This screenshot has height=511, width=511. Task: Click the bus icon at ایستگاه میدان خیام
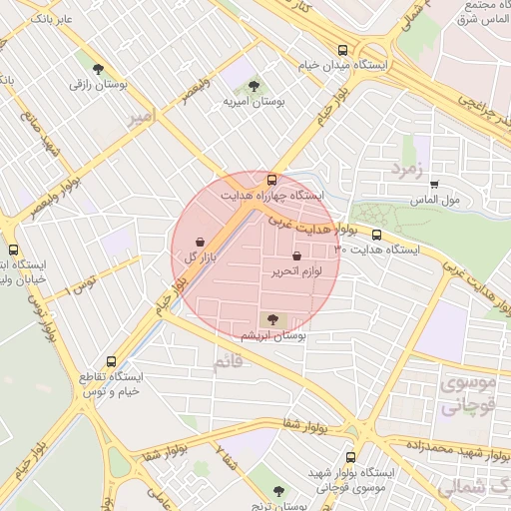tap(342, 49)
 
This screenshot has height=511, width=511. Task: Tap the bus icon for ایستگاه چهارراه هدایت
tap(272, 180)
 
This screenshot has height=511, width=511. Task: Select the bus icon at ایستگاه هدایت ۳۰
tap(375, 235)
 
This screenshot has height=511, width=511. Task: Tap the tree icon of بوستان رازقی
tap(98, 69)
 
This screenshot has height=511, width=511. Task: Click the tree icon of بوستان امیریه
tap(254, 86)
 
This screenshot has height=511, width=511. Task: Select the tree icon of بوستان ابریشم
tap(272, 319)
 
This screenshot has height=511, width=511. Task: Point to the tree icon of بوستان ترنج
tap(278, 491)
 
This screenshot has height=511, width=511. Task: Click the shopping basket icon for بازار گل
tap(202, 242)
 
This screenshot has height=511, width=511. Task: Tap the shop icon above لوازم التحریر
tap(296, 256)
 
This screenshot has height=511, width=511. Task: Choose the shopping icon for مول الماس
tap(434, 185)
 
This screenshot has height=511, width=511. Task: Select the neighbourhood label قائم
tap(229, 365)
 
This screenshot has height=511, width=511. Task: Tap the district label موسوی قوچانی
tap(461, 396)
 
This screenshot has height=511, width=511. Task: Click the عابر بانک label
tap(53, 19)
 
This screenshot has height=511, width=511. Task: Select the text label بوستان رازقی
tap(98, 85)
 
